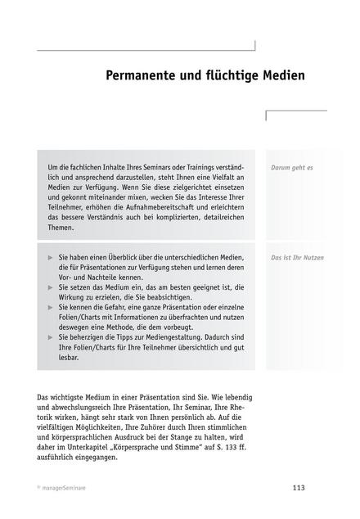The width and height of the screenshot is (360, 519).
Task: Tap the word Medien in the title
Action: tap(282, 76)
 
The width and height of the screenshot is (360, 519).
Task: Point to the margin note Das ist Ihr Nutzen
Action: tap(297, 258)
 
